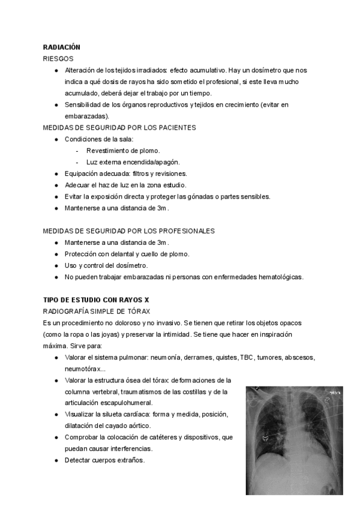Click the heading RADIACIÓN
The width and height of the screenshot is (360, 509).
62,47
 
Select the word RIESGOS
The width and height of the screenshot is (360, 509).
58,59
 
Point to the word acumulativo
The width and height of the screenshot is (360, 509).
205,70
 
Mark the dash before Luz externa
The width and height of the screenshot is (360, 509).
77,162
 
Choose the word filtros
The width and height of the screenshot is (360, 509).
136,173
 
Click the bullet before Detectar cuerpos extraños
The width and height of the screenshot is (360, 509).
56,460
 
